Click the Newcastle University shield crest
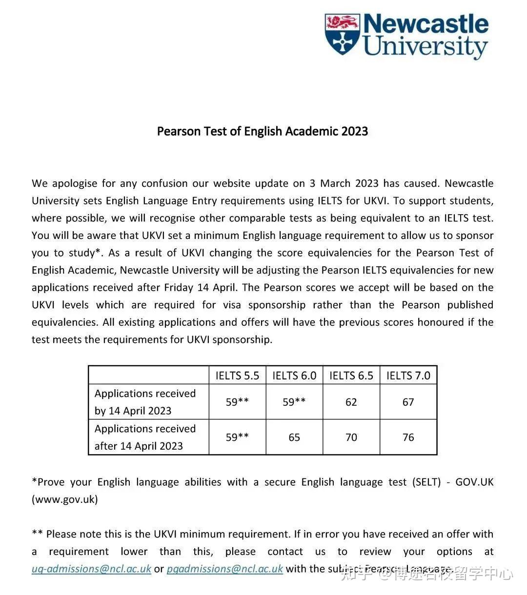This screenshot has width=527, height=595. click(x=343, y=33)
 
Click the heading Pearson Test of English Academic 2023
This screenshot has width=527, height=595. click(x=263, y=131)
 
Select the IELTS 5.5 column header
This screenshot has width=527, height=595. click(x=237, y=376)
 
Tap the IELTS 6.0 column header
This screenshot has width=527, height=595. click(x=294, y=376)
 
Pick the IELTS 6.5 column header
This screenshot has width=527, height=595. click(x=351, y=376)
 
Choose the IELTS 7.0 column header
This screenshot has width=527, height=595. click(x=408, y=376)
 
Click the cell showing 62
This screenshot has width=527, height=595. click(x=351, y=402)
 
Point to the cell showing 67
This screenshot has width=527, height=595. click(x=408, y=402)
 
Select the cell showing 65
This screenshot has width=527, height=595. click(x=294, y=437)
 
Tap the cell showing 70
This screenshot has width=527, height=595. click(x=351, y=437)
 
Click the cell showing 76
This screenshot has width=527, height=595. click(x=408, y=437)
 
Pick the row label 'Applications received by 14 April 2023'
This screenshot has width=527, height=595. click(x=145, y=402)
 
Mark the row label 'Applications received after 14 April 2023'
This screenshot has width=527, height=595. click(x=145, y=437)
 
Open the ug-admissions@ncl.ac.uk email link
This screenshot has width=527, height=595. click(x=91, y=569)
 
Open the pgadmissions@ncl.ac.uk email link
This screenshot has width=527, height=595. click(x=224, y=569)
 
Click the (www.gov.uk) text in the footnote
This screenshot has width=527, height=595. click(x=65, y=499)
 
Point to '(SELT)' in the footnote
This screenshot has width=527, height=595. click(x=428, y=482)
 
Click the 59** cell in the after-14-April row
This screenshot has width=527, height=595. click(x=237, y=437)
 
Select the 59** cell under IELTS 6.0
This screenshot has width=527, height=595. click(x=294, y=402)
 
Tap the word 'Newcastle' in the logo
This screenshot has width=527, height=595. click(x=426, y=24)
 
